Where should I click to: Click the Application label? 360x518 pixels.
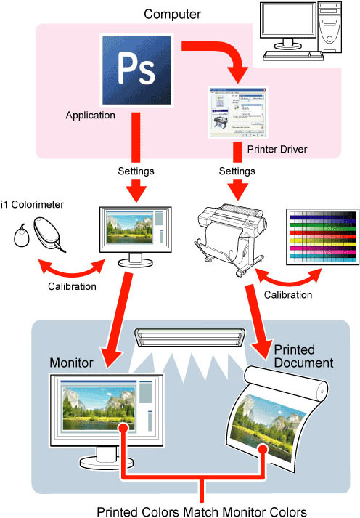click(91, 115)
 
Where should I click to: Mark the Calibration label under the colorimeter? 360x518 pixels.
click(71, 286)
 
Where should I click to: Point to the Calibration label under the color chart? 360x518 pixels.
click(289, 295)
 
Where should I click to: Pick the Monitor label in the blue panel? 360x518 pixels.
click(71, 362)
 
